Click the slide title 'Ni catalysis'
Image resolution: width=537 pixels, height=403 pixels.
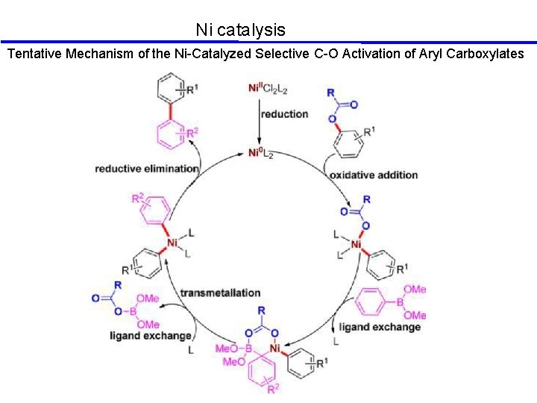click(x=240, y=30)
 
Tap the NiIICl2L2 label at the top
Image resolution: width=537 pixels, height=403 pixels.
click(x=268, y=90)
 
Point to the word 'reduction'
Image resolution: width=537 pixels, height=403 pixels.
click(x=284, y=114)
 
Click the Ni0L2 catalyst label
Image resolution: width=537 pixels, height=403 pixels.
click(x=260, y=154)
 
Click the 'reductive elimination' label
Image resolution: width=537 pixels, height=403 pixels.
click(x=147, y=169)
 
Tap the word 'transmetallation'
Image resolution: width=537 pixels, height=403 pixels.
click(x=220, y=293)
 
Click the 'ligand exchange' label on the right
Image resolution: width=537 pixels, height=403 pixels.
click(x=380, y=327)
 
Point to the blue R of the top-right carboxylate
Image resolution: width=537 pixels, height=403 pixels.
click(x=331, y=93)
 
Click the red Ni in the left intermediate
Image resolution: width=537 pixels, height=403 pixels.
click(x=172, y=243)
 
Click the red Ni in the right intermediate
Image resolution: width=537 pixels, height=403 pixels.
click(x=357, y=244)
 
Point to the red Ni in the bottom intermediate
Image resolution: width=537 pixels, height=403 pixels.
click(x=276, y=349)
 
